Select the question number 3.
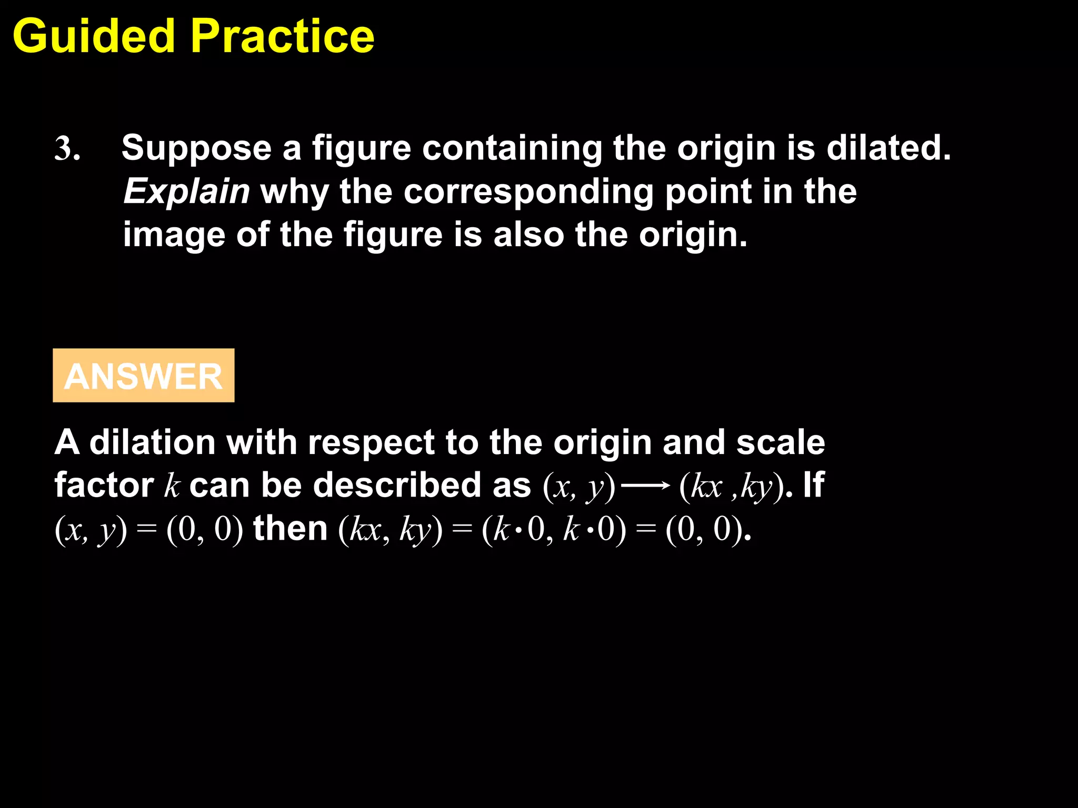coord(67,148)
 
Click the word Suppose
coord(196,148)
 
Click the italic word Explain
coord(186,191)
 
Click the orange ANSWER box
coord(144,376)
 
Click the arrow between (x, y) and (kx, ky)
coord(646,486)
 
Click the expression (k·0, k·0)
coord(554,529)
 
